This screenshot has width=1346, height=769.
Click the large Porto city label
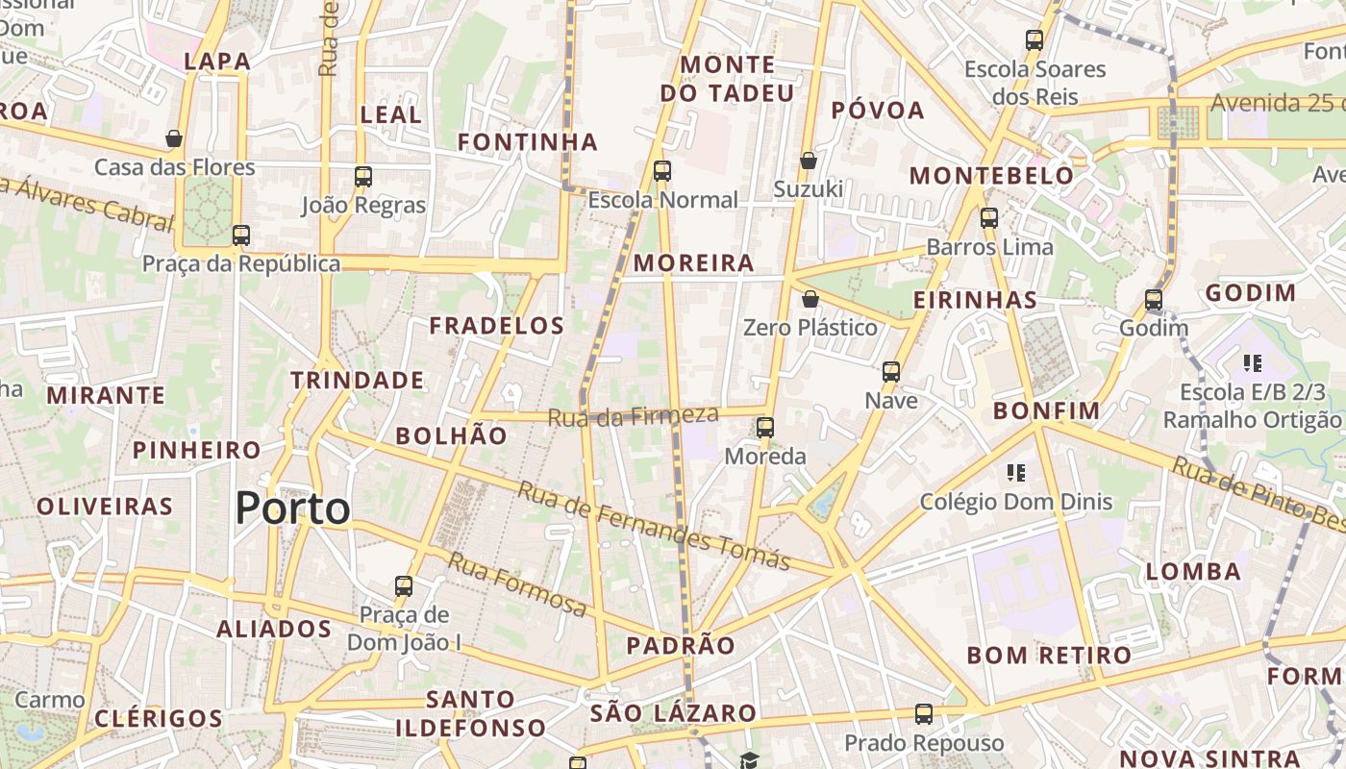click(292, 508)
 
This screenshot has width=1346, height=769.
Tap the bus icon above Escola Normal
click(661, 171)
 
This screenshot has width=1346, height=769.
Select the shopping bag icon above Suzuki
click(809, 160)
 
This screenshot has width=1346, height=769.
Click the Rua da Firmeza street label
click(634, 415)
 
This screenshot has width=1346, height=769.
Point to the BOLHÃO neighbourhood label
click(451, 435)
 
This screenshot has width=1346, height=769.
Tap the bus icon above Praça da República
click(241, 235)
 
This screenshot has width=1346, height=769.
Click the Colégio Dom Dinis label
click(1015, 501)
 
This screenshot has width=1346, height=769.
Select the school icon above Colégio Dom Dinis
click(1016, 472)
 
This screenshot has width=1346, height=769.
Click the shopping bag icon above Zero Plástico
click(810, 299)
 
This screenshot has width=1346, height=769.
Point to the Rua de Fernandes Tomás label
click(654, 525)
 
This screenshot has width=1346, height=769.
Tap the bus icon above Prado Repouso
click(924, 714)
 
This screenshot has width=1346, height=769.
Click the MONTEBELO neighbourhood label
click(991, 175)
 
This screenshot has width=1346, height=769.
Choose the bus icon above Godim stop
click(1154, 300)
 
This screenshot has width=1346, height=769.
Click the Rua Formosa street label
click(516, 583)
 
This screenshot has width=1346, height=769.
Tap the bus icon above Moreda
click(765, 427)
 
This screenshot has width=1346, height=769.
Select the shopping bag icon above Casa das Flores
click(174, 138)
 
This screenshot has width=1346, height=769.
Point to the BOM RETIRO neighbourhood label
click(1049, 656)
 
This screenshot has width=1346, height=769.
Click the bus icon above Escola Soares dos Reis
click(1034, 40)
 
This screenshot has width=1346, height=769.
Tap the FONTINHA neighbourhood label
click(527, 142)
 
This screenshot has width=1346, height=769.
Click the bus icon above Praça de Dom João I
click(404, 585)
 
